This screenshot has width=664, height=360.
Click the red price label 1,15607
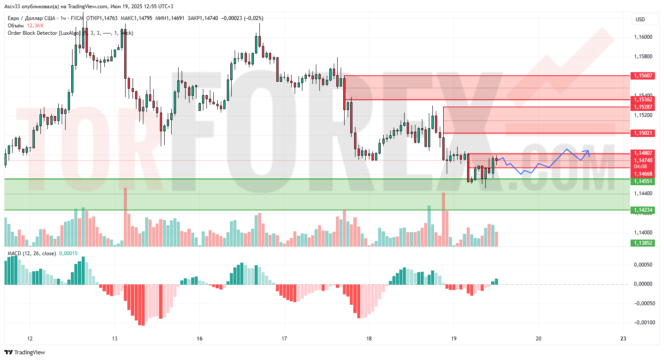[643, 76]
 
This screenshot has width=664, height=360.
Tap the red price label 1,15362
[643, 100]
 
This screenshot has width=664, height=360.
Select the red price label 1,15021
[643, 133]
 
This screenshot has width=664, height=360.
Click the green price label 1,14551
[643, 181]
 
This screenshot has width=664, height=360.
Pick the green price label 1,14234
[643, 210]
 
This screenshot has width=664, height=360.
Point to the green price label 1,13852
[643, 243]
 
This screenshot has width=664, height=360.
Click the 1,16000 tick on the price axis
[643, 37]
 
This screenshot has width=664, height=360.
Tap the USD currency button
[640, 19]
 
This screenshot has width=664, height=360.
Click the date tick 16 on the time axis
[199, 339]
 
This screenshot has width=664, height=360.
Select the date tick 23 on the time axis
[623, 339]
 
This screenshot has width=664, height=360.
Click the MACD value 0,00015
[68, 253]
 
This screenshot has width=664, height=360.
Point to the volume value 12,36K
[35, 26]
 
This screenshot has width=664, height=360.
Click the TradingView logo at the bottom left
[25, 352]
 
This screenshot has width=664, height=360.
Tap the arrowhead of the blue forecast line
[588, 151]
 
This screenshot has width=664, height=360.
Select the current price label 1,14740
[643, 160]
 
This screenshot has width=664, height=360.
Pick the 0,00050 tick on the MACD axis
[643, 265]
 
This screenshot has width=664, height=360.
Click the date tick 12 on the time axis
[30, 339]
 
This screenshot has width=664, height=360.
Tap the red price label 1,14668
[643, 174]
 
